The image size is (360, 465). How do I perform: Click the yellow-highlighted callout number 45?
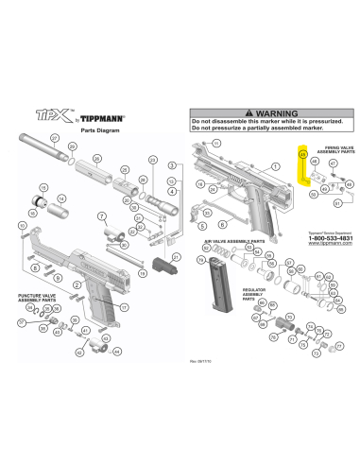pos(302,152)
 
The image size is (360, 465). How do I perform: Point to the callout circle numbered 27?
pos(55,139)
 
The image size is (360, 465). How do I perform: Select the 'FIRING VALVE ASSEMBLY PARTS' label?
pos(333,150)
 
